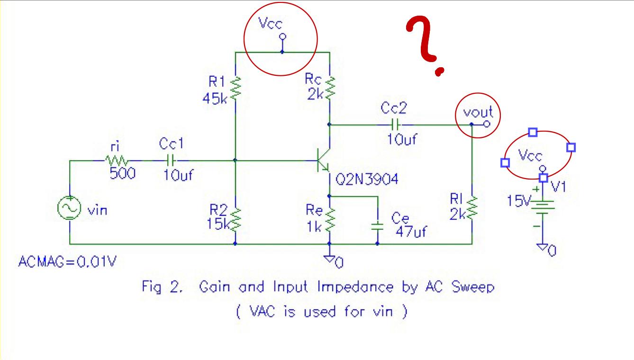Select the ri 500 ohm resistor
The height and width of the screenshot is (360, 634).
point(116,161)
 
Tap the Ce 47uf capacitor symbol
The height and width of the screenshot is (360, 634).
point(377,225)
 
